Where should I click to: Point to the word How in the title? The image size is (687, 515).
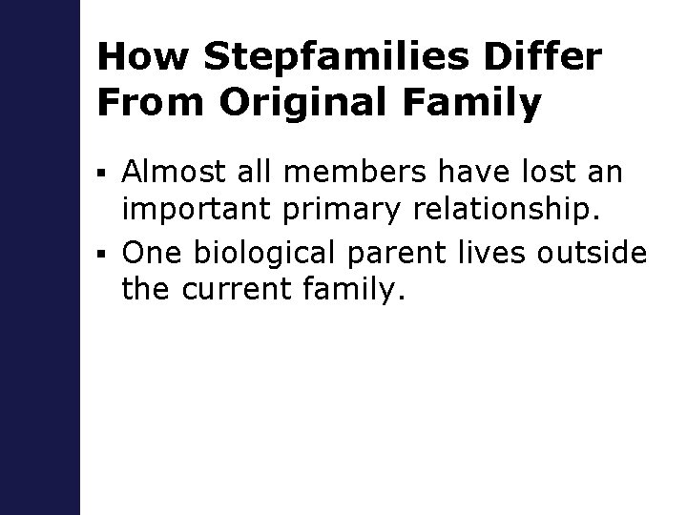[x=139, y=57]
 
